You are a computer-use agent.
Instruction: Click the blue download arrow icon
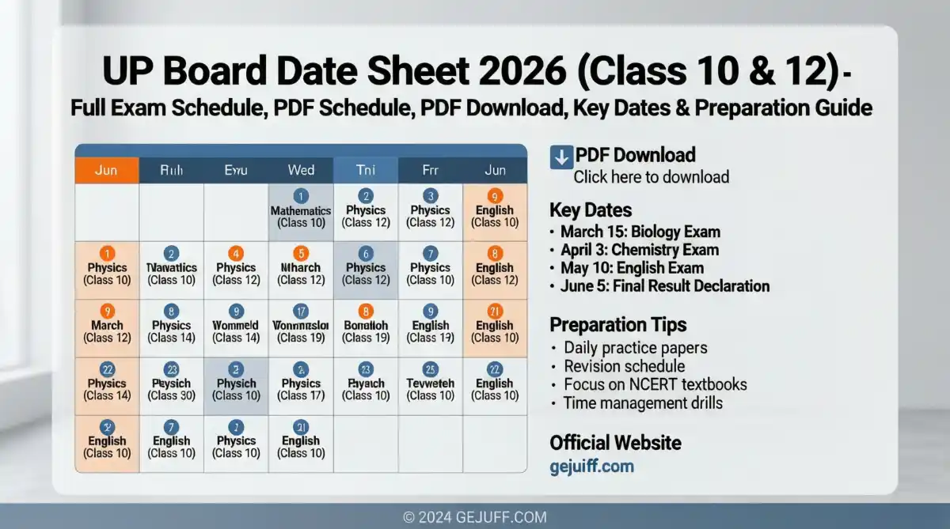click(560, 157)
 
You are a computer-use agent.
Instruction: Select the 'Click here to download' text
click(651, 177)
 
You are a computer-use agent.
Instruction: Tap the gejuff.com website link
click(591, 466)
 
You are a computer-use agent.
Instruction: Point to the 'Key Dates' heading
click(591, 210)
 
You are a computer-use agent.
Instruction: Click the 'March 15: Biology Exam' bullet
click(640, 232)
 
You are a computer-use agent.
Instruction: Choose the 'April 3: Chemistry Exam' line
click(640, 250)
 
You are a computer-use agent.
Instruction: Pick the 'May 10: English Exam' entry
click(632, 268)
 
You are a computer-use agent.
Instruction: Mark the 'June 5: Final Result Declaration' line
click(664, 286)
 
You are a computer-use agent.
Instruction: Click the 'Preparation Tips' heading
click(617, 324)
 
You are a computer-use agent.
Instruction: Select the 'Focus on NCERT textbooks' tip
click(655, 385)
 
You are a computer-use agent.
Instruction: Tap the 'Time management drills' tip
click(643, 403)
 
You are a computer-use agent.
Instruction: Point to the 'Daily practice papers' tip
click(635, 348)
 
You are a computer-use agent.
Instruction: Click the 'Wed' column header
click(301, 170)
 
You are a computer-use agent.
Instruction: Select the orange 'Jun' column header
click(107, 170)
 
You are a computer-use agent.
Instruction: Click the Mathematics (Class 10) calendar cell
click(301, 211)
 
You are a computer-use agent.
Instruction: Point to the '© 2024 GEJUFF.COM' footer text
click(475, 517)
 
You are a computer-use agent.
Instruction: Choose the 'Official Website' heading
click(615, 442)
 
